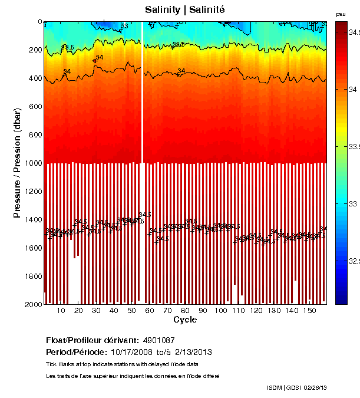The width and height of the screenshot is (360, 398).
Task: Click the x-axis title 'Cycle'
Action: (x=185, y=320)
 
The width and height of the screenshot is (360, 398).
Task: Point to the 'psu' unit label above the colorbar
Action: (x=341, y=14)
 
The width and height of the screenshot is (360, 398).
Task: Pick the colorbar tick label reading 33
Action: (x=352, y=203)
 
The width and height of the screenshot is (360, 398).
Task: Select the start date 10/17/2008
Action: (x=131, y=352)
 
